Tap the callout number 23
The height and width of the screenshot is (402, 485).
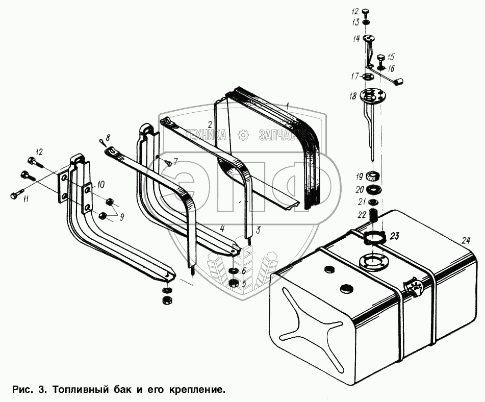pyautogui.click(x=396, y=235)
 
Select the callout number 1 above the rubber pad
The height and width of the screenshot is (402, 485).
pyautogui.click(x=288, y=107)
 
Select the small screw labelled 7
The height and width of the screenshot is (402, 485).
pyautogui.click(x=168, y=162)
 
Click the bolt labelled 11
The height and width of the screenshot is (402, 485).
pyautogui.click(x=17, y=194)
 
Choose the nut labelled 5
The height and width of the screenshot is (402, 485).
pyautogui.click(x=234, y=284)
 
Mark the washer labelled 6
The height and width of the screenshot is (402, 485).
pyautogui.click(x=234, y=271)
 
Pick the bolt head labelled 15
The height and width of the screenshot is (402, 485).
pyautogui.click(x=380, y=59)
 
